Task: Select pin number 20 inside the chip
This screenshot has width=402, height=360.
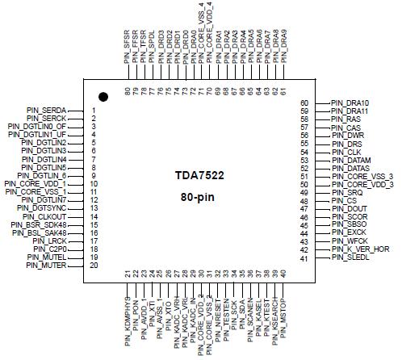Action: point(94,265)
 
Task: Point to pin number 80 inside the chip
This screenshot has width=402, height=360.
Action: point(128,90)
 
